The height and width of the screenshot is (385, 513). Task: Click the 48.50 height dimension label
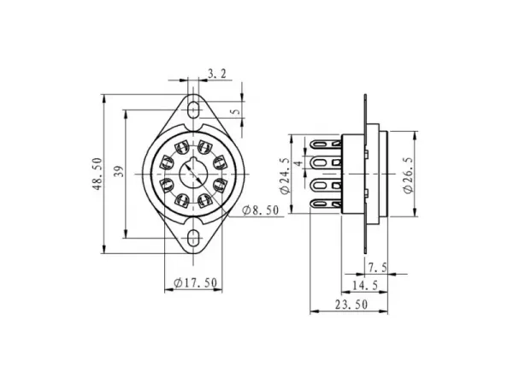[98, 174]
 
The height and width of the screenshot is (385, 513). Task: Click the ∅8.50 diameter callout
[262, 210]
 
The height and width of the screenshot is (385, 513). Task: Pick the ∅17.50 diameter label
[195, 282]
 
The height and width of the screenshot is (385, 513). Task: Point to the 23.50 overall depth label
[351, 305]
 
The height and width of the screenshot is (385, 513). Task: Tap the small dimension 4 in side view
[298, 163]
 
